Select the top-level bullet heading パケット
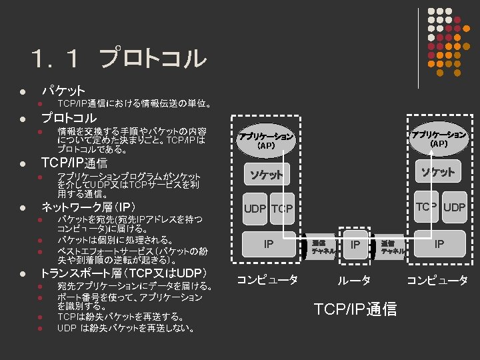click(63, 90)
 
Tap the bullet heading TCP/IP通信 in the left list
click(74, 163)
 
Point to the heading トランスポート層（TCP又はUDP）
click(124, 273)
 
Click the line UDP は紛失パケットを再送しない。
click(126, 328)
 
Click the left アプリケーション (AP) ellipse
click(267, 139)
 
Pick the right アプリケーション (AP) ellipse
click(439, 138)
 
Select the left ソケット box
click(267, 175)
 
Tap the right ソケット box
click(438, 172)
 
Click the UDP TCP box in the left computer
click(268, 209)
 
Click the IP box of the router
click(355, 245)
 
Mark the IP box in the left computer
click(268, 244)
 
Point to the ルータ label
click(354, 281)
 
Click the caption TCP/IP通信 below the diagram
click(355, 309)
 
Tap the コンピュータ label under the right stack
click(437, 281)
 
